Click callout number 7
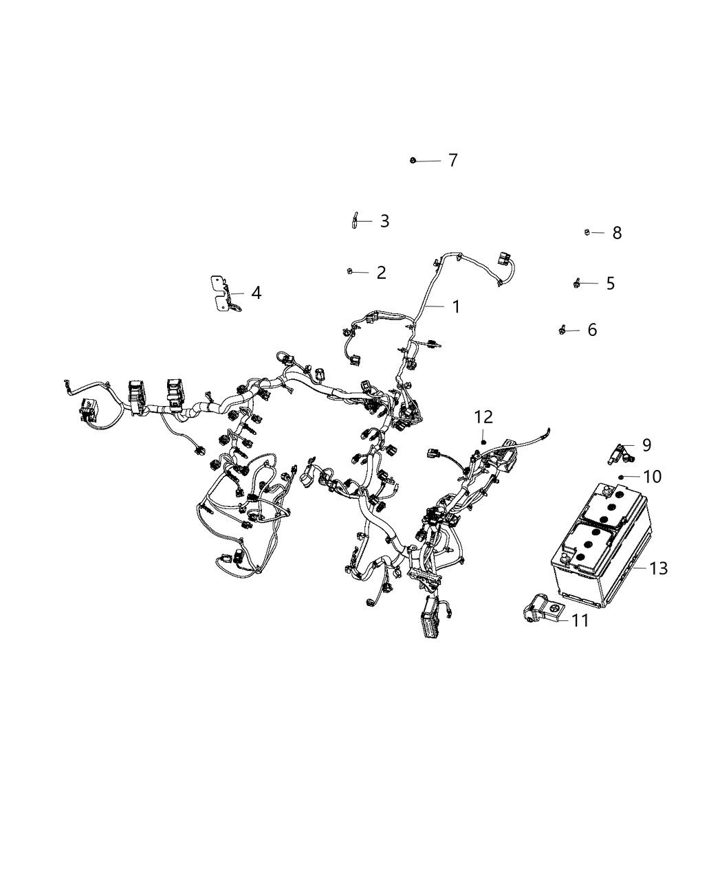[x=452, y=160]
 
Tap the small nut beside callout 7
[x=412, y=161]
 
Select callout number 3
[x=384, y=221]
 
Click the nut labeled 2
[x=349, y=271]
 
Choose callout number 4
[x=256, y=293]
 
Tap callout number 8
[x=617, y=233]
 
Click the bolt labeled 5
[x=576, y=282]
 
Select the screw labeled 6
[x=562, y=330]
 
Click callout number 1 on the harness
[x=455, y=306]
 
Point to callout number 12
[x=483, y=416]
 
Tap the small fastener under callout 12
[x=484, y=441]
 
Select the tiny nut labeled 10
[x=621, y=475]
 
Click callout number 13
[x=658, y=568]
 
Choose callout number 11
[x=580, y=620]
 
